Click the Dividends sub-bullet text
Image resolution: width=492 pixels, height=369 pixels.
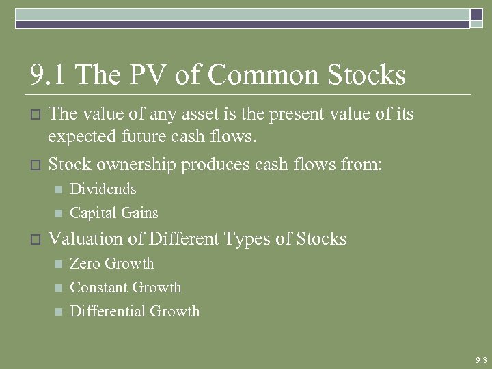pyautogui.click(x=103, y=189)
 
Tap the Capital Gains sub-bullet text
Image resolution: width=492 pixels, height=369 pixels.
pyautogui.click(x=114, y=213)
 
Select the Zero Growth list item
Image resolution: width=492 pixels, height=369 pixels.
pyautogui.click(x=112, y=264)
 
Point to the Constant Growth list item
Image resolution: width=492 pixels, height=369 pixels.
pyautogui.click(x=126, y=288)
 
